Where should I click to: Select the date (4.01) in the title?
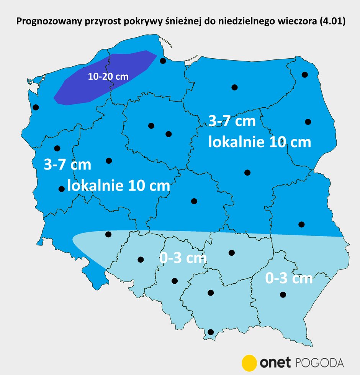point(333,22)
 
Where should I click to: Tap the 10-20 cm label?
point(108,76)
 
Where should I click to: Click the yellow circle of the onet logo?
point(249,362)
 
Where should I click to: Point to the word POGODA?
point(320,362)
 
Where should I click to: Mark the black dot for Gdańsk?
point(163,61)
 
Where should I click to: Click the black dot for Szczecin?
point(36,107)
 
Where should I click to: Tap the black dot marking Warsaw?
point(247,173)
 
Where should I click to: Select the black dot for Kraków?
point(210,293)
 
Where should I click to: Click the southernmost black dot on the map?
point(210,332)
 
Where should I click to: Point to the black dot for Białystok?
point(308,122)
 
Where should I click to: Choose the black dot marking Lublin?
point(301,224)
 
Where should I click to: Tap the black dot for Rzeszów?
point(283,294)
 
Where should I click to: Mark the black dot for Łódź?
point(194,201)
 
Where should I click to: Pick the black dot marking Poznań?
point(109,160)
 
